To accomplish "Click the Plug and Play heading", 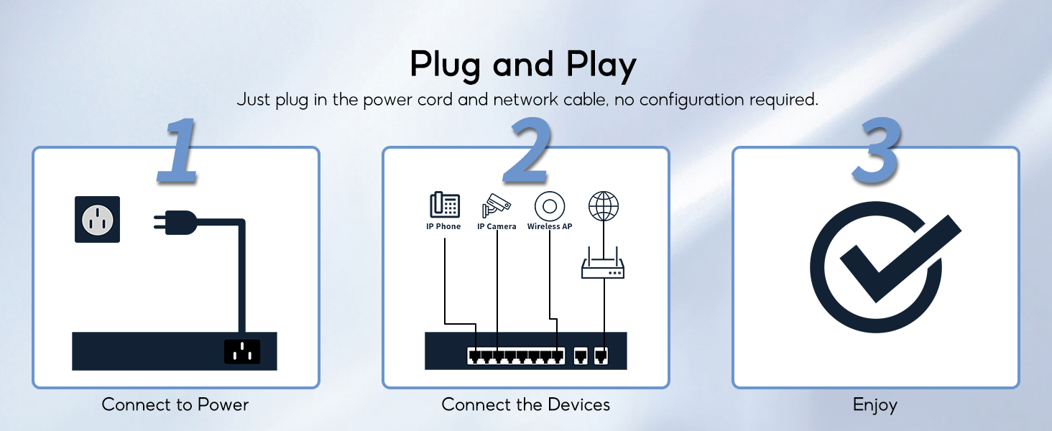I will coord(523,65).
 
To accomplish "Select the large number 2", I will coord(527,152).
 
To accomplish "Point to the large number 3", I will coord(876,152).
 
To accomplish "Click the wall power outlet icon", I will coord(97,219).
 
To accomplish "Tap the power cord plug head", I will coord(177,223).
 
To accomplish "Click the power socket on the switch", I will coord(242,351).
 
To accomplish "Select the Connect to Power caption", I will coord(175,404).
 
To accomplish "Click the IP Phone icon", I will coord(444,205).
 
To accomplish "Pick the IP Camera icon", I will coord(497,205).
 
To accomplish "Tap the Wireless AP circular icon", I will coord(550,206).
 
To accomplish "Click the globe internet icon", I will coord(603,206).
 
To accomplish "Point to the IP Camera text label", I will coord(497,226).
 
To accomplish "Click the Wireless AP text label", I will coord(550,226).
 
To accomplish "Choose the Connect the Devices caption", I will coord(525,404).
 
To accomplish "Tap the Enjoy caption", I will coord(875,405).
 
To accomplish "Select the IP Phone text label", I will coord(443,226).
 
